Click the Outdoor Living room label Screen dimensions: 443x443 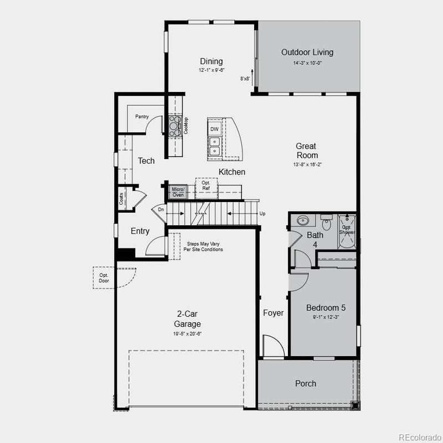click(x=307, y=53)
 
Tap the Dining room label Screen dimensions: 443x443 click(x=212, y=61)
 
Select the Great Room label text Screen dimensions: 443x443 click(x=306, y=151)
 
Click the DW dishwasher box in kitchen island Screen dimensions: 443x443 click(x=214, y=129)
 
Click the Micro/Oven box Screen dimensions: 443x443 click(x=178, y=192)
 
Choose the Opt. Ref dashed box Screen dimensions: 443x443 click(x=206, y=187)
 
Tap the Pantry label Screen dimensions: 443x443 click(x=142, y=117)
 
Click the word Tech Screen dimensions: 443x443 click(x=146, y=161)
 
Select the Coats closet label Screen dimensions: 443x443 click(x=122, y=199)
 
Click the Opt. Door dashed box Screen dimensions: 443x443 click(x=104, y=278)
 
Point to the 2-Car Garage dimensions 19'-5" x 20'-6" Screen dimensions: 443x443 click(x=187, y=334)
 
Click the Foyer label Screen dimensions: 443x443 click(x=273, y=313)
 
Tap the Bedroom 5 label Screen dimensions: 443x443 click(x=326, y=308)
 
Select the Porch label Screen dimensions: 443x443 click(x=306, y=383)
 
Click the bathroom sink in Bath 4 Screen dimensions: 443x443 click(x=302, y=221)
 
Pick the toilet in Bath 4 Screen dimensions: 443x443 click(x=327, y=223)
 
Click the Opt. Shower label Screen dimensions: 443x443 click(x=347, y=230)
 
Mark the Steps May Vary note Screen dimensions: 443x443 click(x=204, y=246)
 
